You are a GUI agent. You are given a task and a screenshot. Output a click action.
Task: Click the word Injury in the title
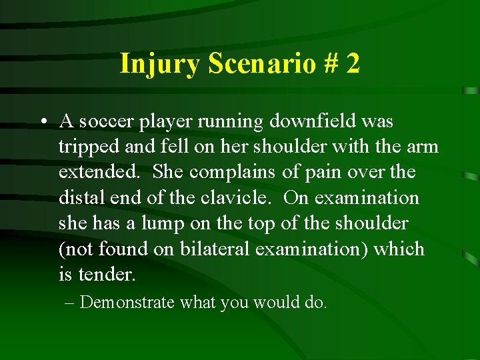[160, 64]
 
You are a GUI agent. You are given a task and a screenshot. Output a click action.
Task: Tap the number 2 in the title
[353, 64]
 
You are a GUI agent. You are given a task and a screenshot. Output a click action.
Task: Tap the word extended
[98, 172]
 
